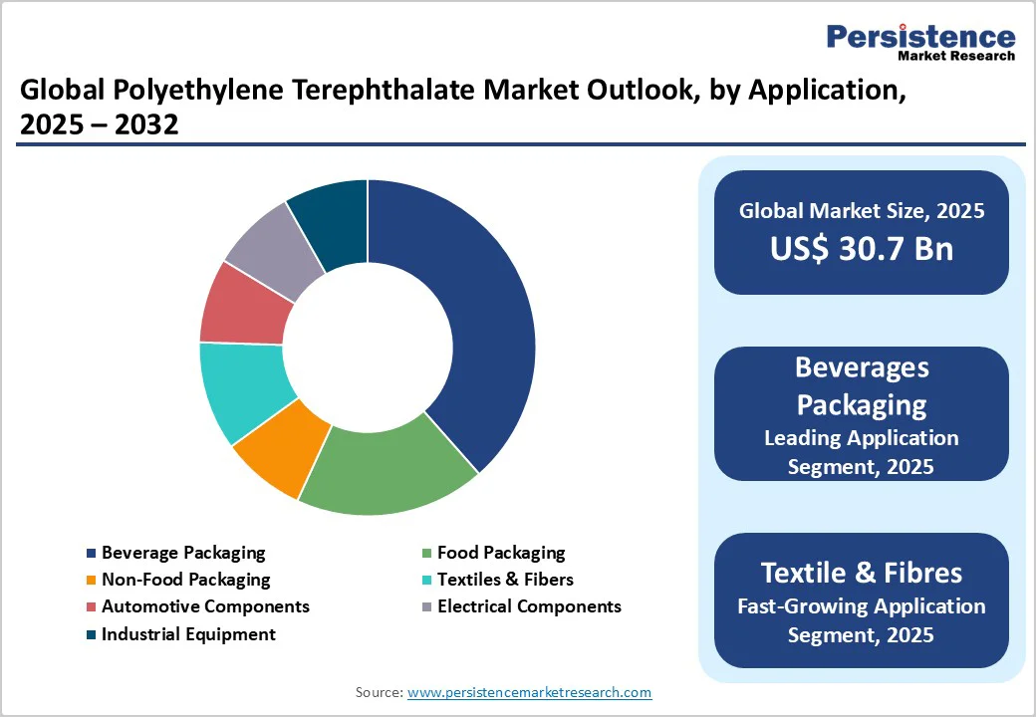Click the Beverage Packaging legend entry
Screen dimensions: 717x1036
183,553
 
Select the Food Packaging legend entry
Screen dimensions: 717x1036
500,553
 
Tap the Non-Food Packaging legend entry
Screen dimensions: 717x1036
185,580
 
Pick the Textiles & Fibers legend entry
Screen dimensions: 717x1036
505,580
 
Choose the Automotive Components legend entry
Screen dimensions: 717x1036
205,606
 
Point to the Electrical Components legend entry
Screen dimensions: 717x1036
529,606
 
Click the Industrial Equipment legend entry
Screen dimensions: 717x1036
188,634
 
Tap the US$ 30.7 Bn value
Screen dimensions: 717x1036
862,248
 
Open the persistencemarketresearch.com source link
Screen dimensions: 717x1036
530,692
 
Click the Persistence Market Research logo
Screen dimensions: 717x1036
920,41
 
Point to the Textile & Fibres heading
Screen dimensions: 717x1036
862,573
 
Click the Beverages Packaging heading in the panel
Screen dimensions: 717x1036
862,386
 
